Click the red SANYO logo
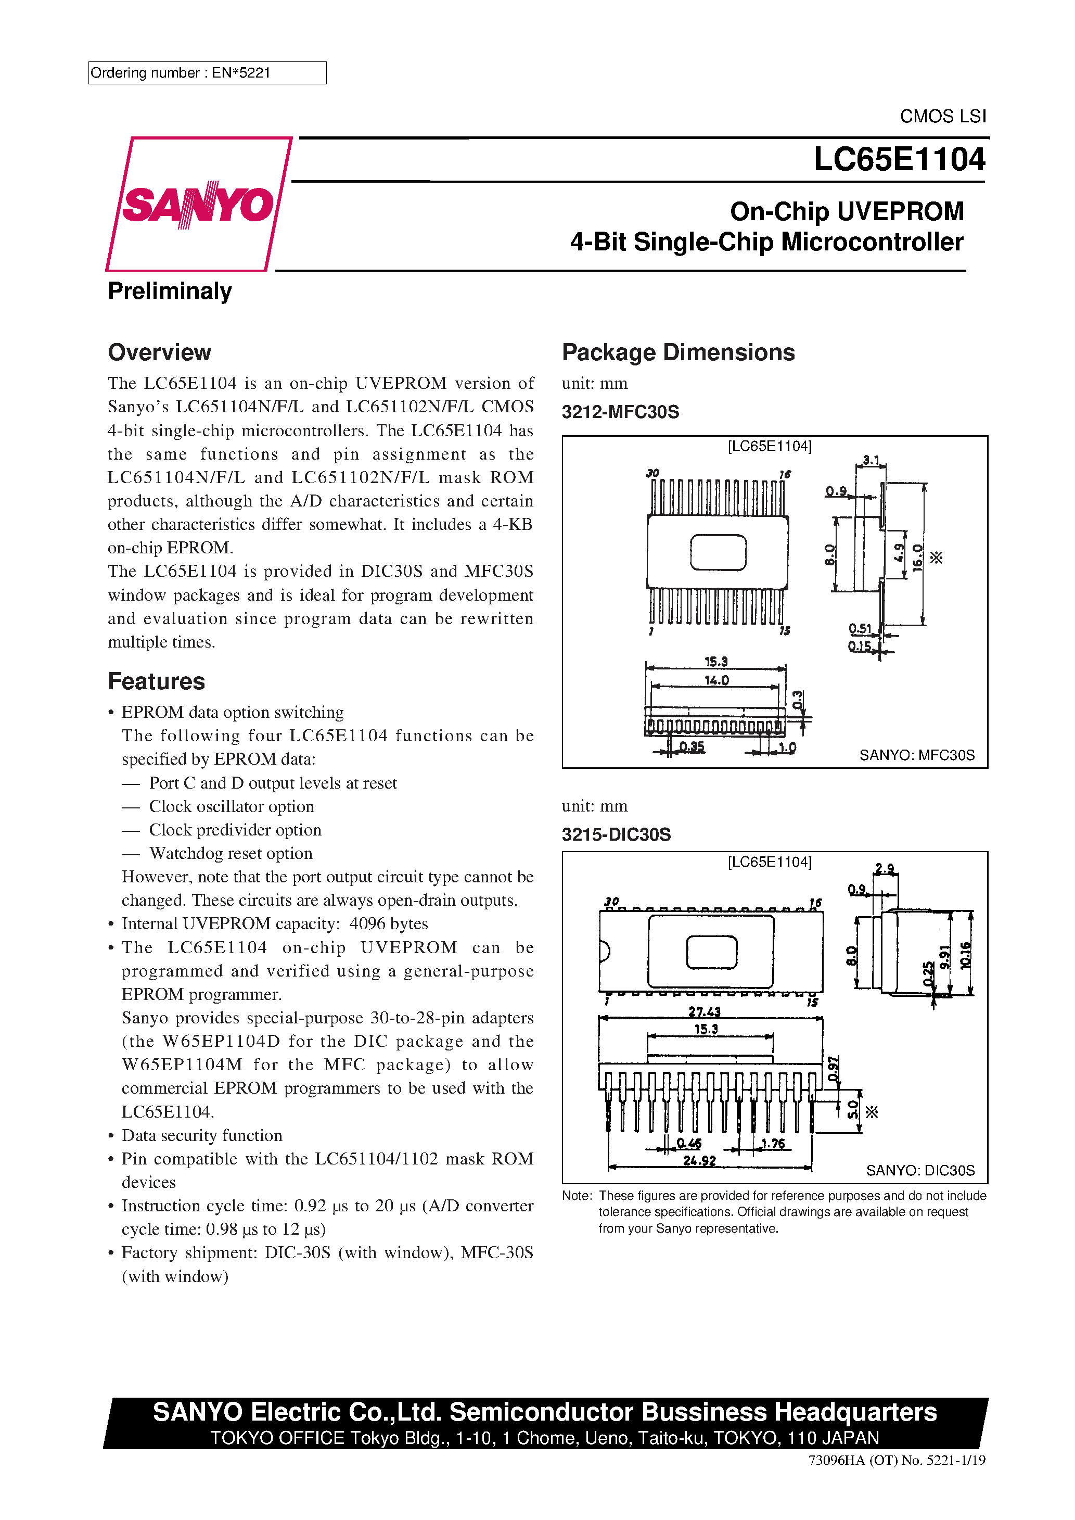point(198,204)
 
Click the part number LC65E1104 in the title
point(899,159)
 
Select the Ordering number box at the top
point(207,73)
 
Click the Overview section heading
point(160,353)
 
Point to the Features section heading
point(156,681)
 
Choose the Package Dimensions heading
point(678,353)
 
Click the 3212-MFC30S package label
point(620,412)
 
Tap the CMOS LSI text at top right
point(943,117)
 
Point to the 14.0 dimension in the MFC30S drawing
point(716,680)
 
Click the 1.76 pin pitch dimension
point(773,1143)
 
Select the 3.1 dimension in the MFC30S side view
point(871,460)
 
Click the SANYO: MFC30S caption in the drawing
point(917,755)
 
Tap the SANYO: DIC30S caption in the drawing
point(920,1171)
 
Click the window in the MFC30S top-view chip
point(718,552)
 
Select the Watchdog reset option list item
point(231,853)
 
